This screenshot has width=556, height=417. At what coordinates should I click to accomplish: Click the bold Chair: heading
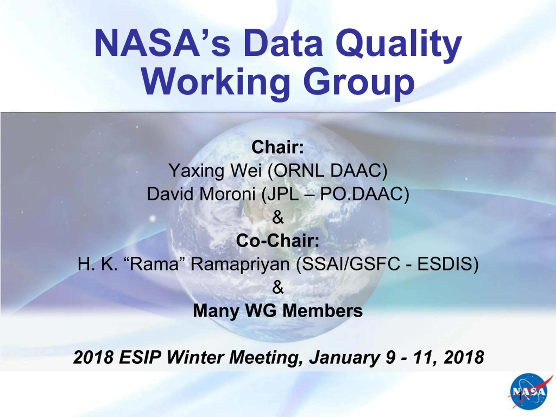coord(278,147)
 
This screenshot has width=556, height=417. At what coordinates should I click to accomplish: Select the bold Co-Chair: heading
coord(278,241)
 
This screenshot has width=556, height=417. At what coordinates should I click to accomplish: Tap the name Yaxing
coord(196,171)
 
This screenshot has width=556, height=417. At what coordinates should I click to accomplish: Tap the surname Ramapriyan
coord(240,265)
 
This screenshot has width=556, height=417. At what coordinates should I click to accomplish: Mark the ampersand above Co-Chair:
coord(278,217)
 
